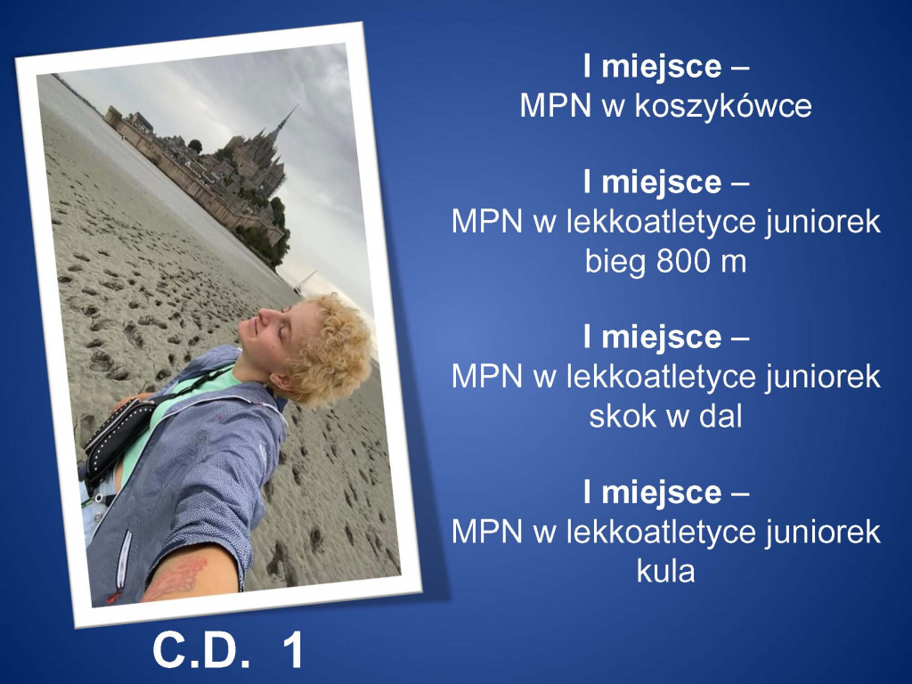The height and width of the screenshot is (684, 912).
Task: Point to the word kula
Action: point(666,571)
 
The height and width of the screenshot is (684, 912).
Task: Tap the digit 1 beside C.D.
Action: point(293,650)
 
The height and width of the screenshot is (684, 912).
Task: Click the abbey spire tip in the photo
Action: point(297,106)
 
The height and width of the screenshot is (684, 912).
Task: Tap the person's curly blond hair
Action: point(329,349)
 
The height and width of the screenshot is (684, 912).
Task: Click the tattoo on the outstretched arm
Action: point(177,577)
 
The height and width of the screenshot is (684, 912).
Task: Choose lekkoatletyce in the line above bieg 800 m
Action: point(662,222)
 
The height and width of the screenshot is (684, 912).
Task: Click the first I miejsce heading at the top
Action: point(666,68)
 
